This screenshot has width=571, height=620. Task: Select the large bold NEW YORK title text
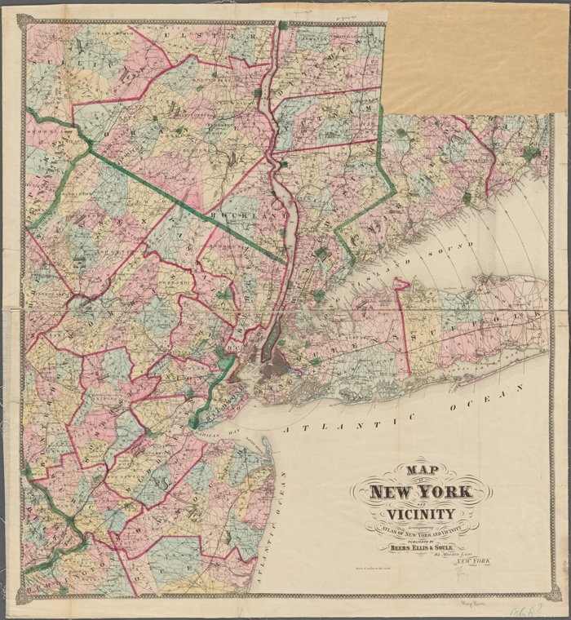click(x=420, y=492)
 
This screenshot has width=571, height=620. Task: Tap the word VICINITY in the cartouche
click(x=421, y=514)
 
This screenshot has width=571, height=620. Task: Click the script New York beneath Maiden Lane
click(x=472, y=563)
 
